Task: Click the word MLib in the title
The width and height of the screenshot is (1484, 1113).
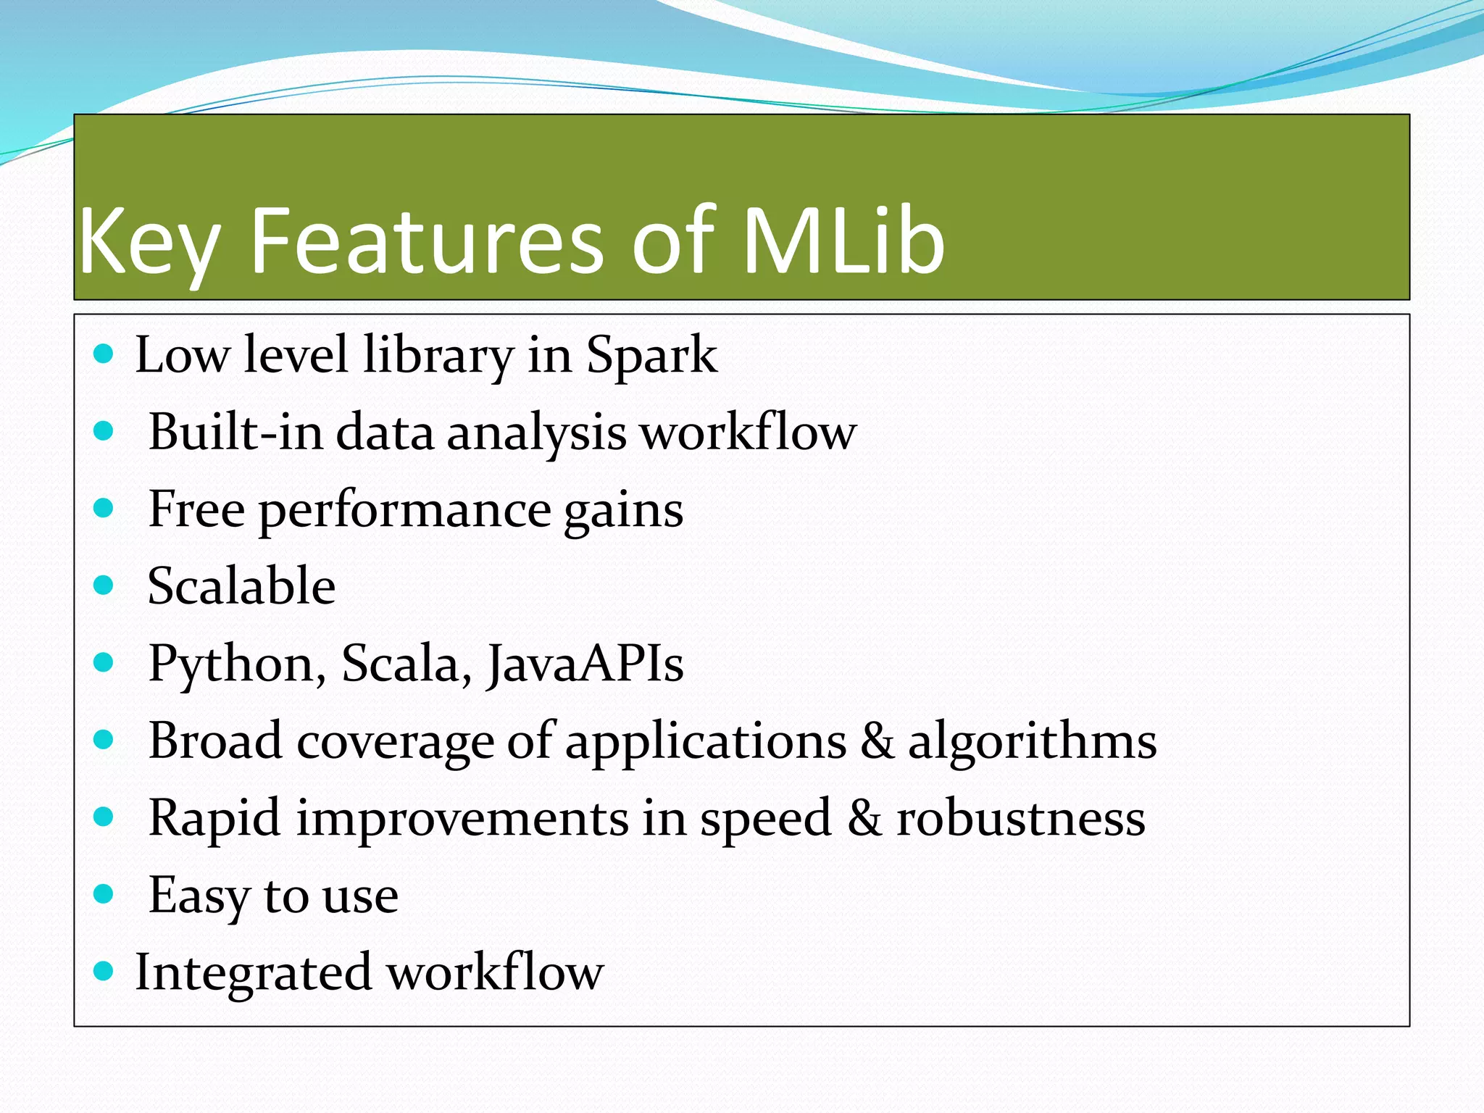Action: coord(843,241)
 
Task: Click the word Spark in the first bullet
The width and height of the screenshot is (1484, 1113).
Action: coord(651,356)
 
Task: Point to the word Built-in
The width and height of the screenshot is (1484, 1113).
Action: coord(235,432)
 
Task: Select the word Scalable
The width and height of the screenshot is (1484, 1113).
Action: coord(241,585)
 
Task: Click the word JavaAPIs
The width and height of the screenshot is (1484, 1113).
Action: coord(585,664)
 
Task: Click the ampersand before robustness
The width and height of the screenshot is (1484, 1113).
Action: coord(864,819)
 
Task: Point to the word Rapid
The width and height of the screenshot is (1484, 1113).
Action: coord(214,819)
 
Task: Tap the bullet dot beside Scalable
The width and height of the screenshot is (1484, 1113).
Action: coord(104,585)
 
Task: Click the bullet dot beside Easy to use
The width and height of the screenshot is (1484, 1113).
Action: coord(104,893)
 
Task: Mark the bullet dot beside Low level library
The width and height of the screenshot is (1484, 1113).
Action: coord(104,354)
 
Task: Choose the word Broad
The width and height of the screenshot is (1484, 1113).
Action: coord(214,741)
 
